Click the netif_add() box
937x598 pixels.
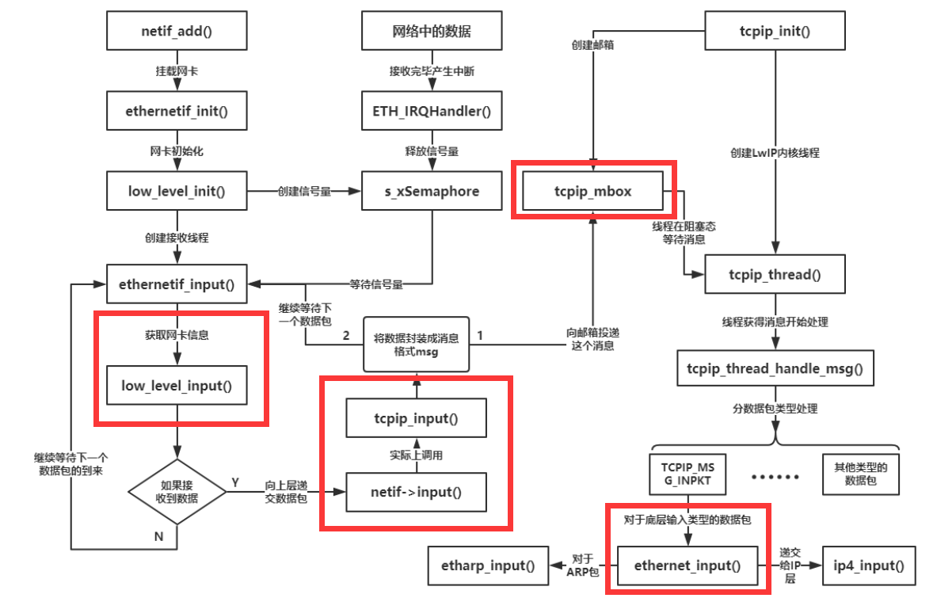(x=177, y=32)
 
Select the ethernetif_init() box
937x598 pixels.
(x=177, y=112)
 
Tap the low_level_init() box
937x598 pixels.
(x=177, y=192)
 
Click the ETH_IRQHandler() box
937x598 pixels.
(x=431, y=112)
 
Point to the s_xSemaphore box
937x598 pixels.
(x=431, y=192)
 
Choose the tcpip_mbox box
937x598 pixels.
(x=593, y=192)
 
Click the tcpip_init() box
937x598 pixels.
(x=774, y=32)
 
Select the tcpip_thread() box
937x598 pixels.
(x=774, y=275)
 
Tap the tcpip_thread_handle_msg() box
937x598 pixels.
(x=774, y=369)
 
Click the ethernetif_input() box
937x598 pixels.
(x=177, y=284)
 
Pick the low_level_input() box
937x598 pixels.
(x=177, y=386)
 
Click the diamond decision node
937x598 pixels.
(x=177, y=492)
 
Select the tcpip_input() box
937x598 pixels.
(x=416, y=417)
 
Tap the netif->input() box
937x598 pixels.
(x=416, y=493)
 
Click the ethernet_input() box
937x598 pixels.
(x=687, y=566)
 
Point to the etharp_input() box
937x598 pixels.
(x=488, y=566)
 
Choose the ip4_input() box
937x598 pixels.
(x=869, y=566)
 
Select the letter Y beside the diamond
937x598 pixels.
(x=234, y=482)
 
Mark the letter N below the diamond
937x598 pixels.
(x=159, y=535)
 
